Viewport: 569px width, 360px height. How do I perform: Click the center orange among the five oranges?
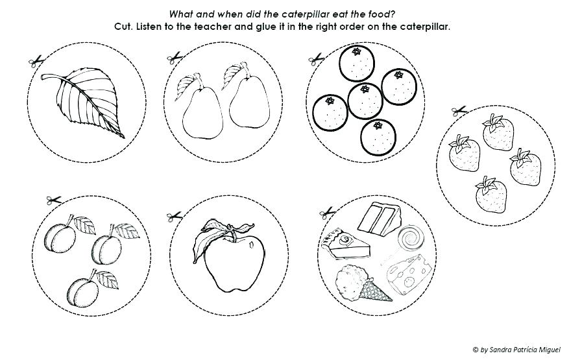365,99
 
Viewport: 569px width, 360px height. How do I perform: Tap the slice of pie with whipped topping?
345,243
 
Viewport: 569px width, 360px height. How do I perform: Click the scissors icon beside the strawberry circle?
459,111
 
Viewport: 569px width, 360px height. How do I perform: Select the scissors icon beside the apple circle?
173,216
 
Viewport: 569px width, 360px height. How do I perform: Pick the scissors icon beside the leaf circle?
35,62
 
